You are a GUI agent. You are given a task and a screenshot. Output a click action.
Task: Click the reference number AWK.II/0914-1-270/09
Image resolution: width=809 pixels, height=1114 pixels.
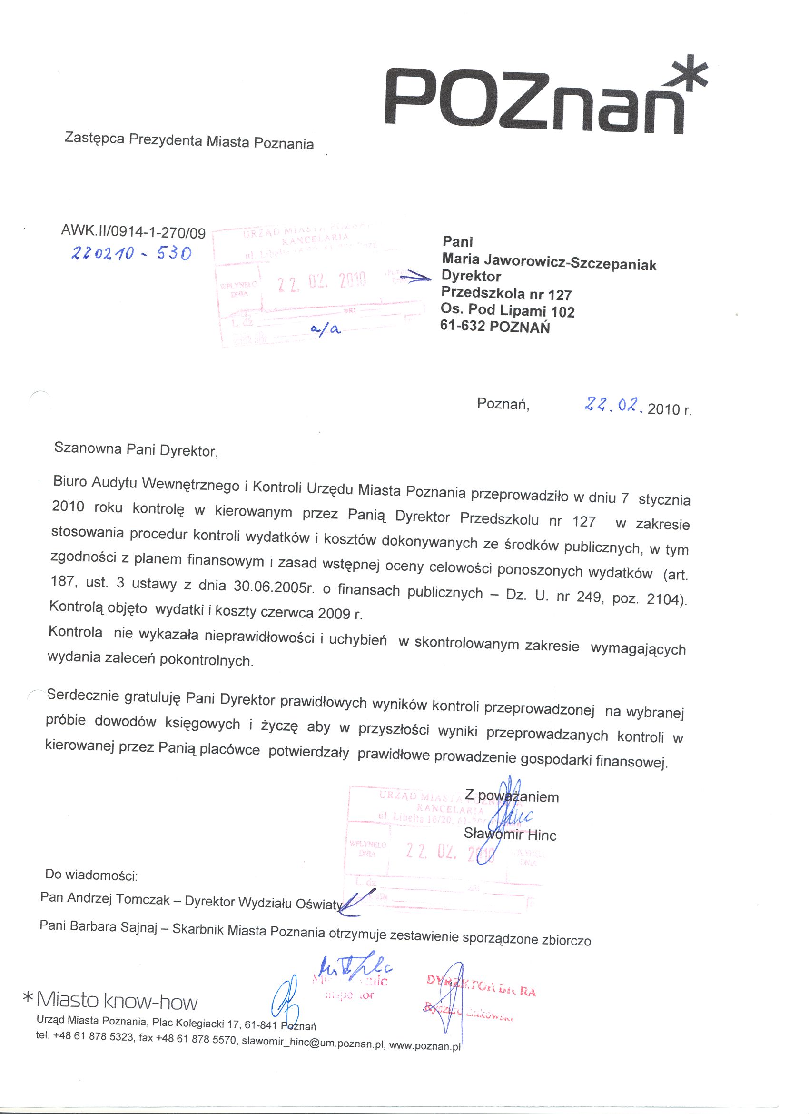133,232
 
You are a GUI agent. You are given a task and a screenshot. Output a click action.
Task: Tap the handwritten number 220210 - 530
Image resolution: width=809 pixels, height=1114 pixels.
131,253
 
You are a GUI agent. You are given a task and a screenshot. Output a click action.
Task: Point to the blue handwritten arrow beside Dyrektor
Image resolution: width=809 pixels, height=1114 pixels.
414,278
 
